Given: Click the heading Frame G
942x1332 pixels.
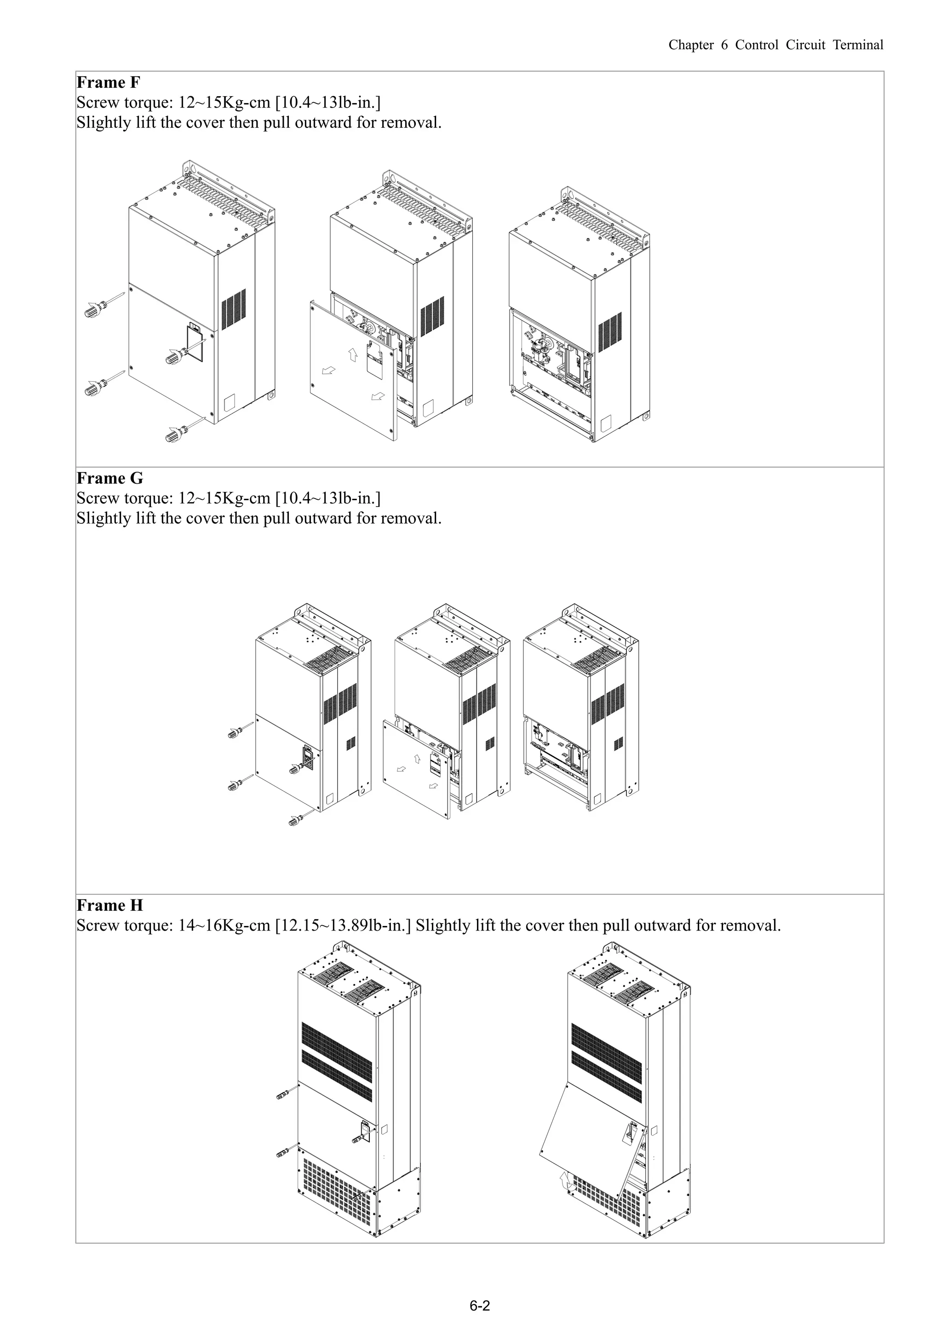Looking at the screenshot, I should pos(109,478).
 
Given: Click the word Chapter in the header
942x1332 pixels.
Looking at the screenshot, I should pos(691,45).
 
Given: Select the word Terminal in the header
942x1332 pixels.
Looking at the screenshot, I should pos(858,45).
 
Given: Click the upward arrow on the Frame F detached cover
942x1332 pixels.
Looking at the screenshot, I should pos(352,354).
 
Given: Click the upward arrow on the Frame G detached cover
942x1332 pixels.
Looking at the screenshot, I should pos(417,758).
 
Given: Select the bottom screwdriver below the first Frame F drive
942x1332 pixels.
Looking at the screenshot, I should pos(184,429).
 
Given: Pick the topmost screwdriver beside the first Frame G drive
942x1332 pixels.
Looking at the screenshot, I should pos(240,729).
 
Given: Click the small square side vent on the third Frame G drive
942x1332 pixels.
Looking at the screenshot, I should pos(619,743).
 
